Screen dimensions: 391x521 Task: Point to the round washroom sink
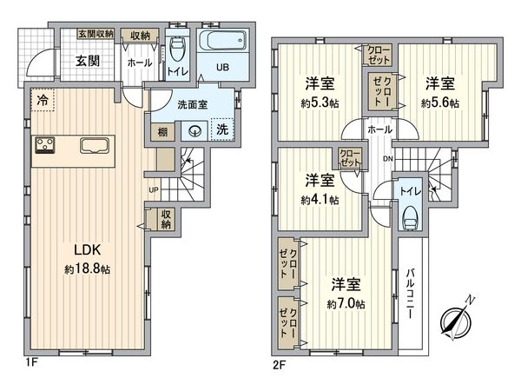pos(196,131)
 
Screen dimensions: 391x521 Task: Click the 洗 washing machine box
pos(221,129)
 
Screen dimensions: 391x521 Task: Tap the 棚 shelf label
pos(164,131)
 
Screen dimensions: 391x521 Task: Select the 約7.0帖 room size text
pos(346,304)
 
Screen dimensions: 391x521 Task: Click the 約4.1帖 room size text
pos(320,199)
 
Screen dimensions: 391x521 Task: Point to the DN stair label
pos(388,159)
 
